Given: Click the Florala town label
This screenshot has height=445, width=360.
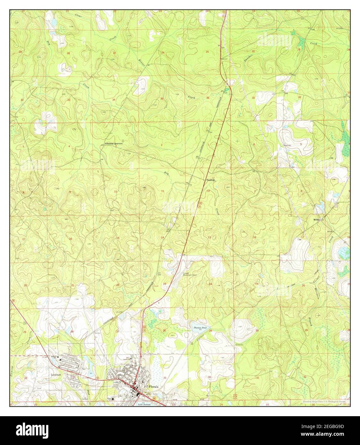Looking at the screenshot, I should (154, 387).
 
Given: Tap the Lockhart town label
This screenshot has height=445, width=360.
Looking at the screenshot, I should (56, 374).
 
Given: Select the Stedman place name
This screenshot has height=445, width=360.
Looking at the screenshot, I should (210, 180).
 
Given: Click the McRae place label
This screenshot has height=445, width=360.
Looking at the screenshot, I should (316, 220).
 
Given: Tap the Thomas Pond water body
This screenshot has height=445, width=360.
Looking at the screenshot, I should (200, 327).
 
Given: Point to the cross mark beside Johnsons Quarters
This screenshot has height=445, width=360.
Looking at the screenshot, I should (123, 141).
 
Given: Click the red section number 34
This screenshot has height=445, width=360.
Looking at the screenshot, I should (114, 100).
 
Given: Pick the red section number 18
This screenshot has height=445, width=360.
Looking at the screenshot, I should (254, 237).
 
